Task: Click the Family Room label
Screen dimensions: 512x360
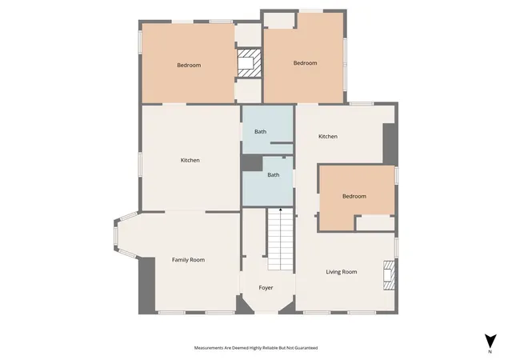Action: tap(189, 260)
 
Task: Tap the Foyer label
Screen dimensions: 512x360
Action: tap(266, 288)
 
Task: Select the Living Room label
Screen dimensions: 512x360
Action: tap(342, 272)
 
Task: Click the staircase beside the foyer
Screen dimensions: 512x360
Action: tap(281, 239)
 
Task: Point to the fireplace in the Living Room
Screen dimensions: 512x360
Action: tap(389, 275)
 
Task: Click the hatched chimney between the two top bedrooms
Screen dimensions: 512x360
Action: tap(249, 63)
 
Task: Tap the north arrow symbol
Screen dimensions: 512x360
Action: tap(490, 342)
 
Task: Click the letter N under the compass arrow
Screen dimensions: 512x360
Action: tap(490, 352)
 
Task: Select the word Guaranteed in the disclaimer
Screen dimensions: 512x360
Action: tap(306, 348)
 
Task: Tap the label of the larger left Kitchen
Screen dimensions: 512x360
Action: tap(190, 160)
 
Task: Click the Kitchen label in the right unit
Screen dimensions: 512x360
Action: tap(328, 136)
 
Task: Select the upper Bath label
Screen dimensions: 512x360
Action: tap(260, 132)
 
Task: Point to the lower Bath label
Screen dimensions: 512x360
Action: tap(274, 174)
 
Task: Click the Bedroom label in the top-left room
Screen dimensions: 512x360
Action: tap(189, 66)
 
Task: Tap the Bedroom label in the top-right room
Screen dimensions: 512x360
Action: tap(305, 63)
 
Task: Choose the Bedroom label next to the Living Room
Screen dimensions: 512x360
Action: tap(354, 196)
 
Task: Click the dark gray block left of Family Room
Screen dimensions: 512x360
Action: tap(146, 286)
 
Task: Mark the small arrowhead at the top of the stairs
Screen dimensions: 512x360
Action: tap(281, 209)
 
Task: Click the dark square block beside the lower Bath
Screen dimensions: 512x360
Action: tap(252, 162)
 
